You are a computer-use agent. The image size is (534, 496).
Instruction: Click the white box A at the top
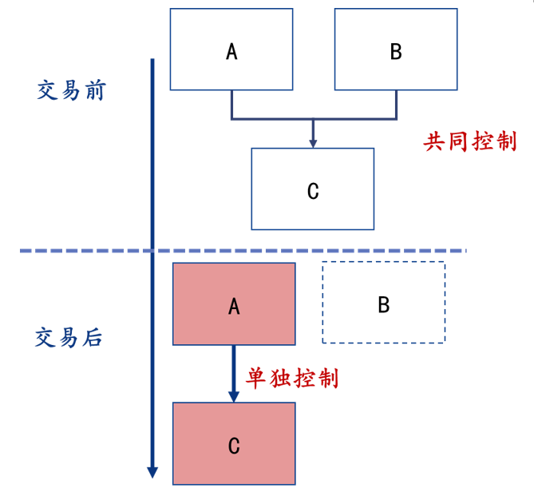click(x=231, y=50)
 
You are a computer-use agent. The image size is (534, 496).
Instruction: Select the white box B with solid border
click(x=396, y=50)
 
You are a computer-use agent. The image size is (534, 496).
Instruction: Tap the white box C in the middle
click(x=312, y=188)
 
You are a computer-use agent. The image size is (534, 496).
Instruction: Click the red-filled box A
click(x=234, y=304)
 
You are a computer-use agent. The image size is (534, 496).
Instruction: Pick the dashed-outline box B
click(x=384, y=303)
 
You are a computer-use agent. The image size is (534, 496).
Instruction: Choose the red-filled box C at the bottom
click(x=234, y=443)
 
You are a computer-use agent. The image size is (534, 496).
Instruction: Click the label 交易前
click(x=71, y=90)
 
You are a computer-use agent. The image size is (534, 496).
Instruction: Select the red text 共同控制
click(x=470, y=142)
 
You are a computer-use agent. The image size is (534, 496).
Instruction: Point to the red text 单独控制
click(x=295, y=378)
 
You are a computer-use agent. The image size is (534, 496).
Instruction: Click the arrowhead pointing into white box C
click(x=313, y=143)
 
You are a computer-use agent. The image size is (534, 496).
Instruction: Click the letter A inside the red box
click(x=234, y=306)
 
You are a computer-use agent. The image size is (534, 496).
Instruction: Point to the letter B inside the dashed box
click(x=383, y=304)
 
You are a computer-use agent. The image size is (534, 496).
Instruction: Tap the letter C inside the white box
click(x=312, y=191)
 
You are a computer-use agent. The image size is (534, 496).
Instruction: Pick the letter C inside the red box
click(x=234, y=446)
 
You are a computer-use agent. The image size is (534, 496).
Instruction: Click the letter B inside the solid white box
click(x=396, y=52)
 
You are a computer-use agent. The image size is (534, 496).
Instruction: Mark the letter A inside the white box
click(x=231, y=52)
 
